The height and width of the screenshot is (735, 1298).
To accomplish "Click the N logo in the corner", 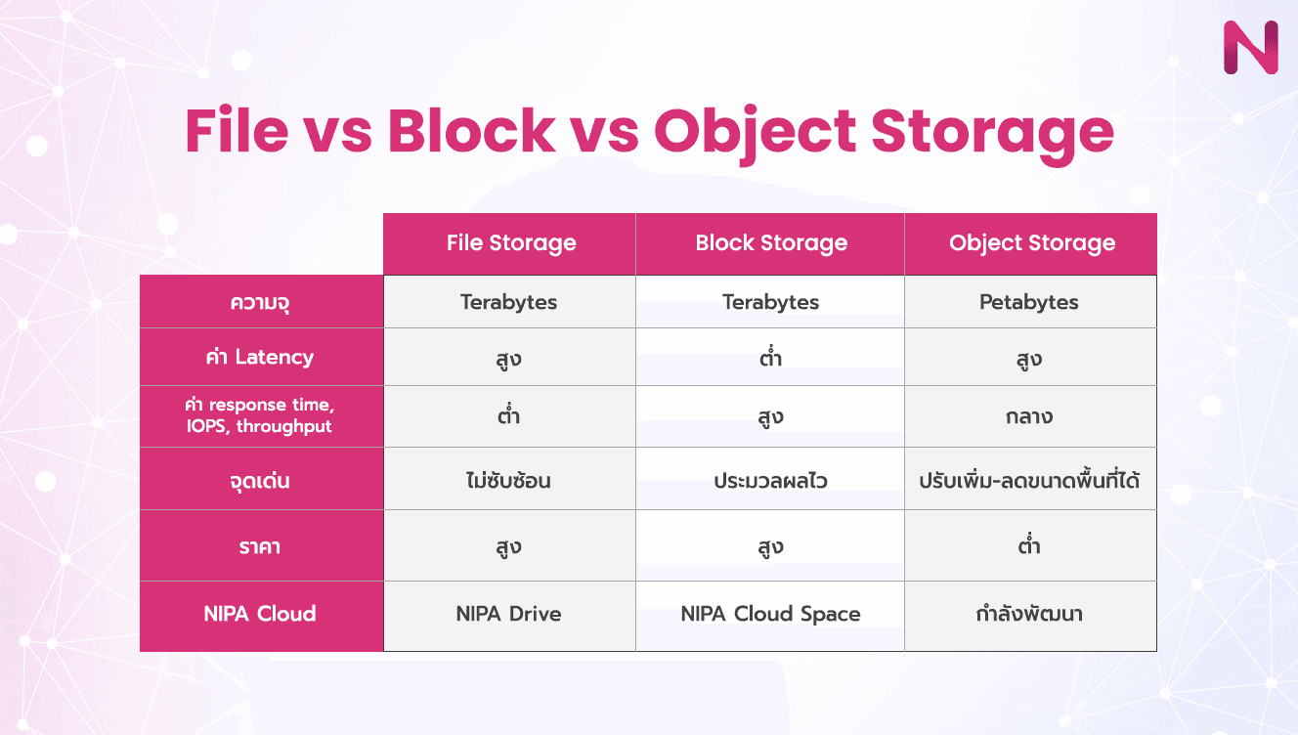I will [1249, 46].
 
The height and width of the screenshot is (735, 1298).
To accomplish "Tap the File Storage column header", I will [510, 243].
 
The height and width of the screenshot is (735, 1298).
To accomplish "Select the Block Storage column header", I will [770, 243].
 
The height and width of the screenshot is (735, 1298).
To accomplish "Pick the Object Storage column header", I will [1031, 243].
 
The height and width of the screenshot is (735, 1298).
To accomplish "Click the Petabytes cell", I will [1029, 302].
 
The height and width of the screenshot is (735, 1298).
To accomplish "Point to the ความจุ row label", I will [260, 302].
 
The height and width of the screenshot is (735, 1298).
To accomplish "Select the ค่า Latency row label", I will [260, 357].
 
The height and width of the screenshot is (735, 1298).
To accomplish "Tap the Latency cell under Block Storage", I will [770, 358].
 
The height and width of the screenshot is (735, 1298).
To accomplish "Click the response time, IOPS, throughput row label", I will [260, 415].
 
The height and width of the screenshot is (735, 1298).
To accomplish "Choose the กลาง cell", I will [1029, 416].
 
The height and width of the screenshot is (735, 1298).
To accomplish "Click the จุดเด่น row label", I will [260, 481].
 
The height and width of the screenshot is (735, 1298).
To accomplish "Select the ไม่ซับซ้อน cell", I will [509, 481].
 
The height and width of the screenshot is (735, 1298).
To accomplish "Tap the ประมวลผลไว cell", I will [770, 481].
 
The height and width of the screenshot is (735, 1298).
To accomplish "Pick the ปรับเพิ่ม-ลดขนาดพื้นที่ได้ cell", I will [1029, 481].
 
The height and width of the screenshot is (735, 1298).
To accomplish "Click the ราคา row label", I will [260, 546].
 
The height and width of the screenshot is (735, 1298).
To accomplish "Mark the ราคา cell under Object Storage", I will [1029, 546].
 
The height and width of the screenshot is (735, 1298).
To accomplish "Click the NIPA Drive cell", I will [509, 615].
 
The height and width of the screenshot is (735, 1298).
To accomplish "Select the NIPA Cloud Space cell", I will [770, 615].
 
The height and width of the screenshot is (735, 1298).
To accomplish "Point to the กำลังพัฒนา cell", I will [1029, 615].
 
